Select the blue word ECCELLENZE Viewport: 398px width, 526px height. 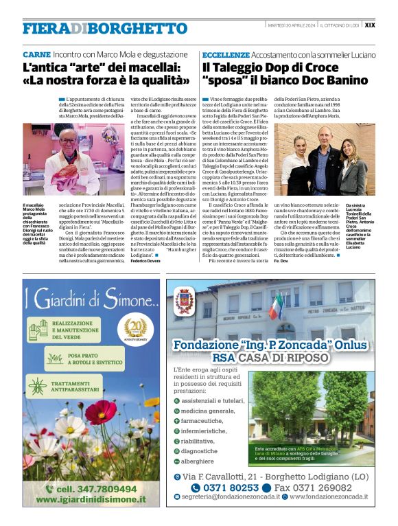point(225,54)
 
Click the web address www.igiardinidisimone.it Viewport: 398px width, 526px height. point(93,500)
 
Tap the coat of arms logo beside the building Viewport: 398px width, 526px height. point(185,301)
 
